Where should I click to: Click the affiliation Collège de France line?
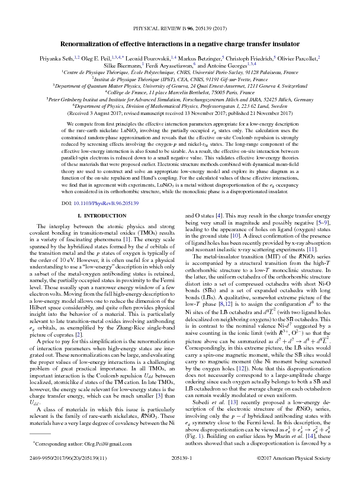click(179, 93)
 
